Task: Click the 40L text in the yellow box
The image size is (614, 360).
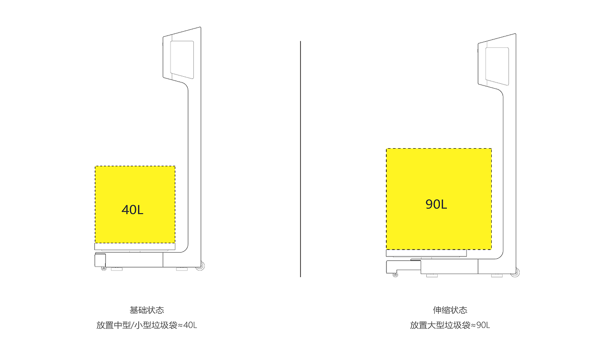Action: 132,210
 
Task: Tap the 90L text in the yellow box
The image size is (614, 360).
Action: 436,204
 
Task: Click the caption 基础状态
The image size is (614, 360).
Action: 147,310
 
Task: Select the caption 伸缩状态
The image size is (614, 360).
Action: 450,310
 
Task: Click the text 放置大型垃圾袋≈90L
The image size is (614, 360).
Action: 450,325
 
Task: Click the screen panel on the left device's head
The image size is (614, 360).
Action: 182,60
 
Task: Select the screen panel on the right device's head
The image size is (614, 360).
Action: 497,66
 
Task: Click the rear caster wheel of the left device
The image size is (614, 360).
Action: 200,265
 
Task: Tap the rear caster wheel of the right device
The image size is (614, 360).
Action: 515,272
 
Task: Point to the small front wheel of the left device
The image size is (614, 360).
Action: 104,268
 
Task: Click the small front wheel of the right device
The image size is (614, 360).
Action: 396,275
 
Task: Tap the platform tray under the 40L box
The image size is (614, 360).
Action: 135,246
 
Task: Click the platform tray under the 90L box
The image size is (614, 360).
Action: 426,253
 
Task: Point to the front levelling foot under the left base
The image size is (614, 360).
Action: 117,269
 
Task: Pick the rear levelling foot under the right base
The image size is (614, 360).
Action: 497,275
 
